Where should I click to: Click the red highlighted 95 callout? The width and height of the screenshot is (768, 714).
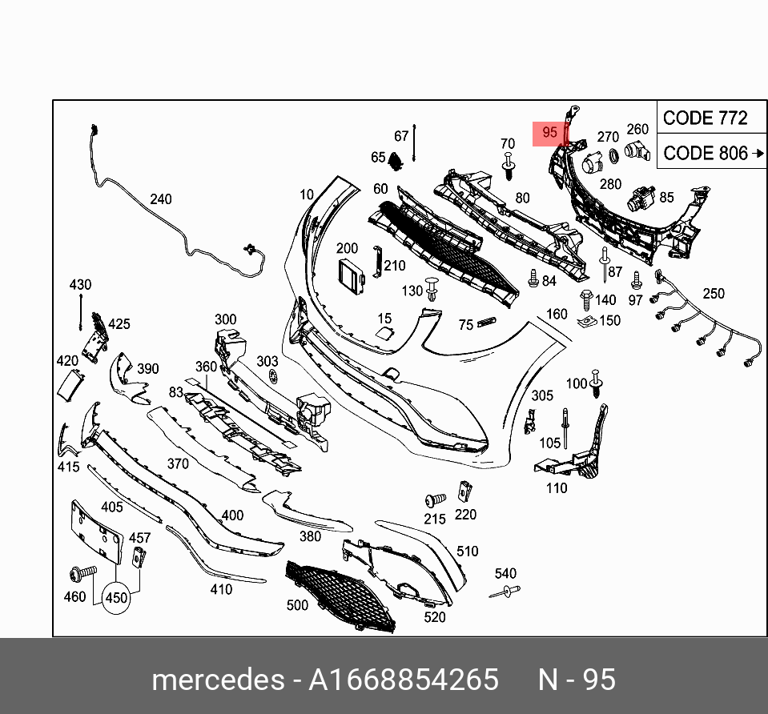pyautogui.click(x=549, y=133)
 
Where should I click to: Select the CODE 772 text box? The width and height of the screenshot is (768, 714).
pyautogui.click(x=705, y=118)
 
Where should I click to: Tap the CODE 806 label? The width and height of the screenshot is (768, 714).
pyautogui.click(x=706, y=153)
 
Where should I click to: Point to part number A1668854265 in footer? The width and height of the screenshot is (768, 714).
pyautogui.click(x=404, y=680)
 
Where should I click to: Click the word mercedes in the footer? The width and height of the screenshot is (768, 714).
pyautogui.click(x=218, y=680)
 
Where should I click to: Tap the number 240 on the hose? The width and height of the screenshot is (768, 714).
pyautogui.click(x=161, y=199)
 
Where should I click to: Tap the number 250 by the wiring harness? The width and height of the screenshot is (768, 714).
pyautogui.click(x=712, y=294)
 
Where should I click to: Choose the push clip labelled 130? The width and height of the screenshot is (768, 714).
pyautogui.click(x=433, y=287)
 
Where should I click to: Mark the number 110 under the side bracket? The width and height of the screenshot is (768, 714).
pyautogui.click(x=556, y=487)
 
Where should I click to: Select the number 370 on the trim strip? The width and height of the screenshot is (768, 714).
pyautogui.click(x=177, y=463)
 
